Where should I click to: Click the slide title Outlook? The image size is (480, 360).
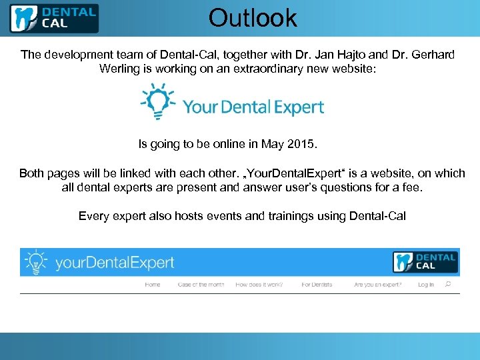253,17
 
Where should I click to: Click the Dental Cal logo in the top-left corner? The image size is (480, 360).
53,18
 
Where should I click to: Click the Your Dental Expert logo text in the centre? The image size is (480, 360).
253,107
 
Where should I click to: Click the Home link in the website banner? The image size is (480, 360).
153,285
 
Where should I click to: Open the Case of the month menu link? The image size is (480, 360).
201,285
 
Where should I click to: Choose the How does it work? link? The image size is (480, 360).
259,285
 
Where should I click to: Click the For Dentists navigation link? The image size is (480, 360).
317,285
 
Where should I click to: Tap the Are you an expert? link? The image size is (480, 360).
378,285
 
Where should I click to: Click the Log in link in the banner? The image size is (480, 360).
426,285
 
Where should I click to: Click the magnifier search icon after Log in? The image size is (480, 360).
448,284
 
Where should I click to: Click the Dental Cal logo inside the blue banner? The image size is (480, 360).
425,261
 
